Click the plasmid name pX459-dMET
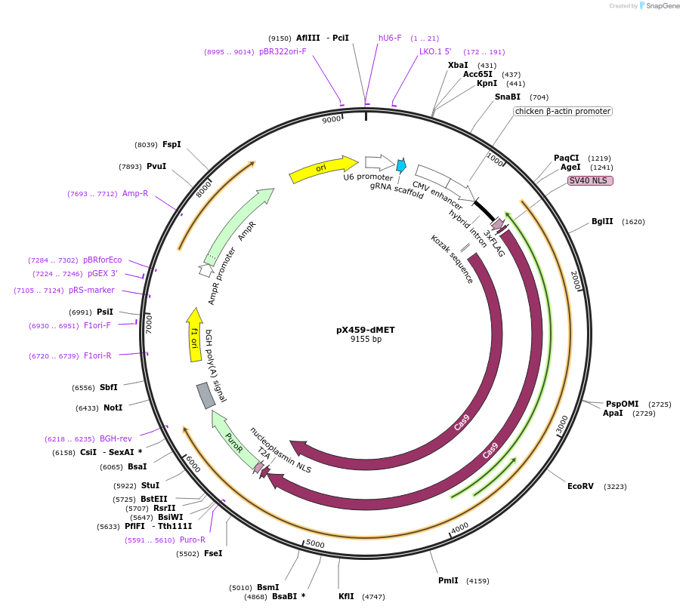coord(366,330)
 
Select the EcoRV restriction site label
coord(580,486)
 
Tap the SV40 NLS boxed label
coord(590,180)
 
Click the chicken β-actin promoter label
coord(562,111)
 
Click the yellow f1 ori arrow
coord(194,335)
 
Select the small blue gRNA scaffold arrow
coord(400,165)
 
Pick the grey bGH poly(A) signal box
coord(205,395)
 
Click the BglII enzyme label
coord(602,222)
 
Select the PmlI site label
coord(448,580)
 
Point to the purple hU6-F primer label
coord(390,38)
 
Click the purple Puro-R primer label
coord(192,540)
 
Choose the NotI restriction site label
coord(113,408)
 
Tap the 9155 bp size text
coord(366,340)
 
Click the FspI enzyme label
coord(172,144)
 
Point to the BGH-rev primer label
coord(116,438)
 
